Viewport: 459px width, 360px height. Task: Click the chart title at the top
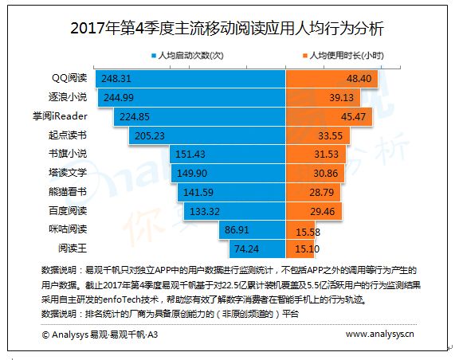[x=227, y=29]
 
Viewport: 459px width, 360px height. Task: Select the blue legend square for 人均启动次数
[x=154, y=56]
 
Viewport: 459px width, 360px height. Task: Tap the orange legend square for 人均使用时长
[x=305, y=56]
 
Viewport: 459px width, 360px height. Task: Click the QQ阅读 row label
[x=69, y=78]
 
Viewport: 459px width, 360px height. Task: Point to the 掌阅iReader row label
[x=60, y=116]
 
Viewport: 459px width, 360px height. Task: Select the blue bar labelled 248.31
[x=190, y=78]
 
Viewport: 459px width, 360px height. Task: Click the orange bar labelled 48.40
[x=331, y=78]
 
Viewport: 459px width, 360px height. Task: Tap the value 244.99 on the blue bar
[x=119, y=97]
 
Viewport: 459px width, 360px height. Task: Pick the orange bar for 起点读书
[x=318, y=135]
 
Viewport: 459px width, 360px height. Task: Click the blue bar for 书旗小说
[x=228, y=155]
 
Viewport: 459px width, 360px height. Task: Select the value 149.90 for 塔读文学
[x=192, y=174]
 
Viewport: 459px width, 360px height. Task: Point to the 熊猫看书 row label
[x=68, y=192]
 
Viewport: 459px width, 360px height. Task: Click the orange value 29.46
[x=322, y=211]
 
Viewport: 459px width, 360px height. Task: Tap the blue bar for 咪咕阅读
[x=253, y=230]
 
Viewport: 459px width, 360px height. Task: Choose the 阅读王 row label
[x=73, y=248]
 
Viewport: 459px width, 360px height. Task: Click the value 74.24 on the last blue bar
[x=246, y=249]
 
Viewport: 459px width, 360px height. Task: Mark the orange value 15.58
[x=308, y=233]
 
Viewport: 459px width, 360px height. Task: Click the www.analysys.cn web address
[x=380, y=334]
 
